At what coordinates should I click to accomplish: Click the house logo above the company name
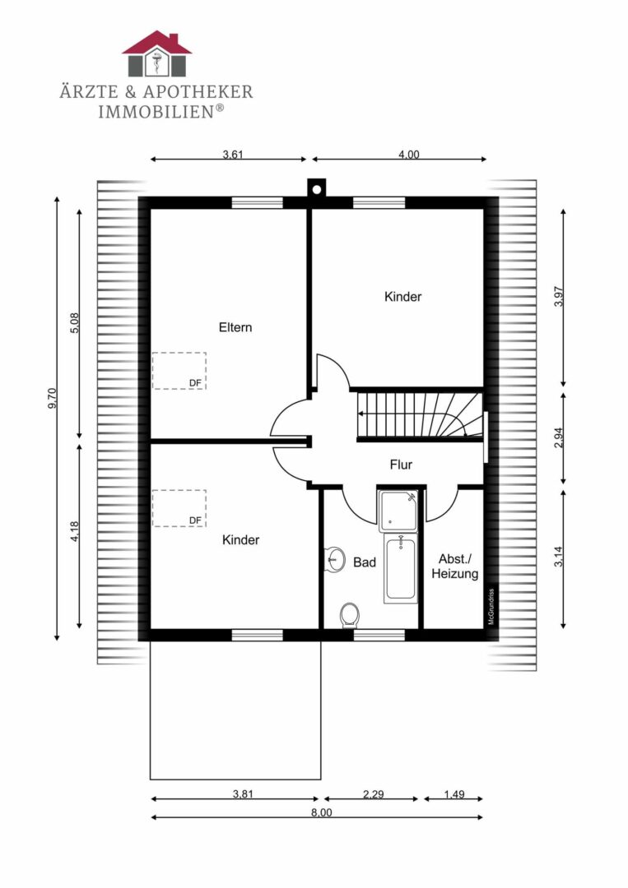click(x=157, y=53)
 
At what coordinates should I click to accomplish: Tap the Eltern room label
click(x=235, y=327)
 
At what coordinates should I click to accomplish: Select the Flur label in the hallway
click(x=401, y=465)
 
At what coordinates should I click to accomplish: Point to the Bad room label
click(x=365, y=562)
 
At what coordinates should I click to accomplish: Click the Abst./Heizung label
click(x=454, y=567)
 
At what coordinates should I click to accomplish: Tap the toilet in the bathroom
click(x=349, y=615)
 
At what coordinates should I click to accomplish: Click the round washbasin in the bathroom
click(x=334, y=560)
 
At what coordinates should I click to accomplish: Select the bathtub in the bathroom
click(x=400, y=568)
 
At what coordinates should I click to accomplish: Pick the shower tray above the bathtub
click(x=398, y=511)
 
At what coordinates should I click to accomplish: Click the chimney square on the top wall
click(x=316, y=188)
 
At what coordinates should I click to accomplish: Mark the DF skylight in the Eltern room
click(x=179, y=370)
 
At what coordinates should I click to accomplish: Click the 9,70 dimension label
click(x=52, y=398)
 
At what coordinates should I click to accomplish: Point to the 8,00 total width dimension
click(x=322, y=812)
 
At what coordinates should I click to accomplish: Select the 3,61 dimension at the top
click(x=233, y=154)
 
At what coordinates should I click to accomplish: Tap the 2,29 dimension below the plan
click(x=374, y=794)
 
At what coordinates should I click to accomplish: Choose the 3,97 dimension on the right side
click(x=559, y=297)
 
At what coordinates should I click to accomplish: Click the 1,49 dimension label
click(x=454, y=794)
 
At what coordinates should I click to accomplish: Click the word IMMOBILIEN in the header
click(x=156, y=112)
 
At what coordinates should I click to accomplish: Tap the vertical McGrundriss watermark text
click(x=491, y=607)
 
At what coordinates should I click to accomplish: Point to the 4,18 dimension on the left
click(x=75, y=532)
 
